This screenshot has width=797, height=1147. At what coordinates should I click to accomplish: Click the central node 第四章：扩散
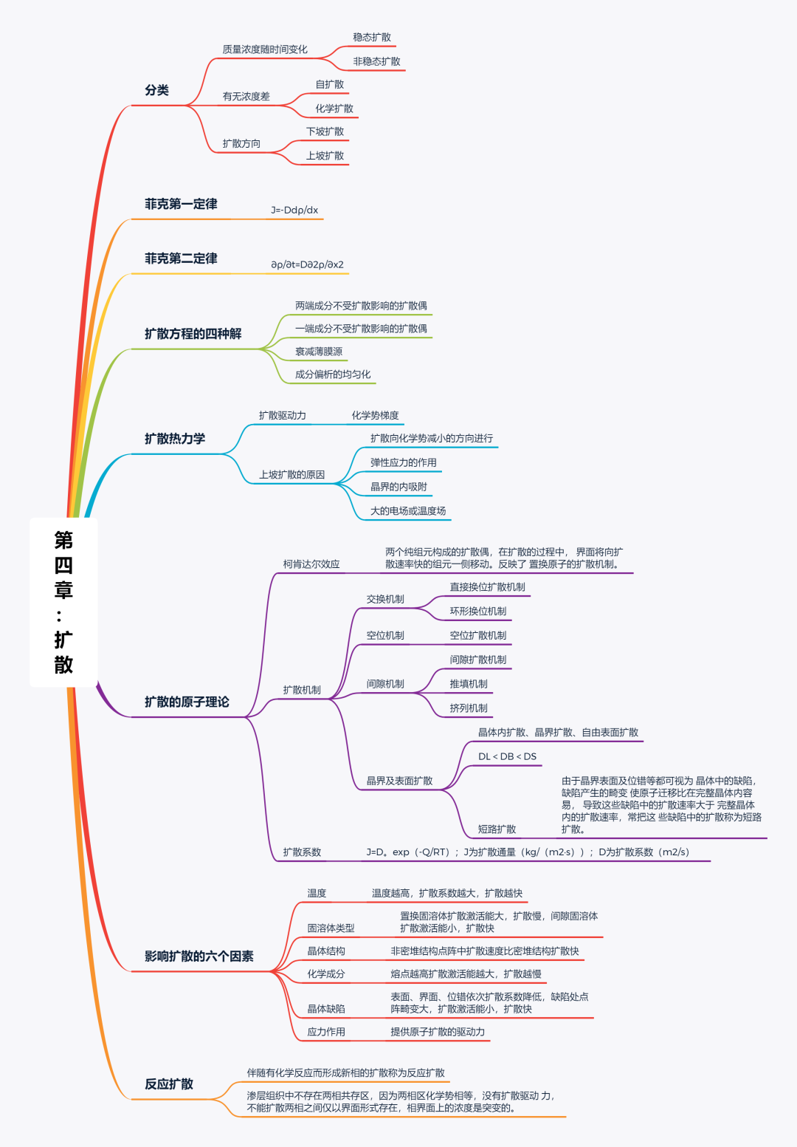(x=63, y=602)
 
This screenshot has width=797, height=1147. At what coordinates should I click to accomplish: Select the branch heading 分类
(x=157, y=90)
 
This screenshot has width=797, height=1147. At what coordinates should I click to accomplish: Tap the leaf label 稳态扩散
(x=372, y=38)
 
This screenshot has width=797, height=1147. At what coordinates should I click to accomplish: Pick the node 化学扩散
(x=334, y=109)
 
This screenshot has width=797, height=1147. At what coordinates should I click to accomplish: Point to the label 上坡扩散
(x=325, y=156)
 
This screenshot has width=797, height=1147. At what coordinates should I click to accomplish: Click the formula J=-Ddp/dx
(x=294, y=210)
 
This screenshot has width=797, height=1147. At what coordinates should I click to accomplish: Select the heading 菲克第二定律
(x=181, y=258)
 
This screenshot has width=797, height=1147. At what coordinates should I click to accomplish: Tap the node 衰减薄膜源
(x=319, y=352)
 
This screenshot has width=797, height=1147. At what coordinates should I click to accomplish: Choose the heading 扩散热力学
(x=175, y=439)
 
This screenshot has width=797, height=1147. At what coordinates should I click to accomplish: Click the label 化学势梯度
(x=375, y=416)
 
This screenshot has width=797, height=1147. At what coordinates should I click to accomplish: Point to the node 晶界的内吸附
(x=398, y=487)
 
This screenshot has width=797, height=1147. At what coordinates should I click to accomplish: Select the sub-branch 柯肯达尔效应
(x=311, y=564)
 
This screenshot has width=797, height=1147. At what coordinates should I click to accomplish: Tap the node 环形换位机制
(x=478, y=612)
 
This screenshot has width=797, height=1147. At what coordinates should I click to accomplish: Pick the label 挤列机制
(x=469, y=708)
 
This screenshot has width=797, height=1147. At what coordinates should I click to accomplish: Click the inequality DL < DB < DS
(x=507, y=757)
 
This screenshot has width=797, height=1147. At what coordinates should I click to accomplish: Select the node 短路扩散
(x=497, y=829)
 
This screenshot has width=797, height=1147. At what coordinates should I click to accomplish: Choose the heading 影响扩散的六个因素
(x=199, y=956)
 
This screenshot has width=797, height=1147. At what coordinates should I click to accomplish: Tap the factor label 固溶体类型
(x=331, y=928)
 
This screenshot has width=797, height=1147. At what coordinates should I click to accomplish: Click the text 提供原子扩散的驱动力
(x=438, y=1032)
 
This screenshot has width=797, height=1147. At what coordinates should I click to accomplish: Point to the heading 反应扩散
(x=169, y=1084)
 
